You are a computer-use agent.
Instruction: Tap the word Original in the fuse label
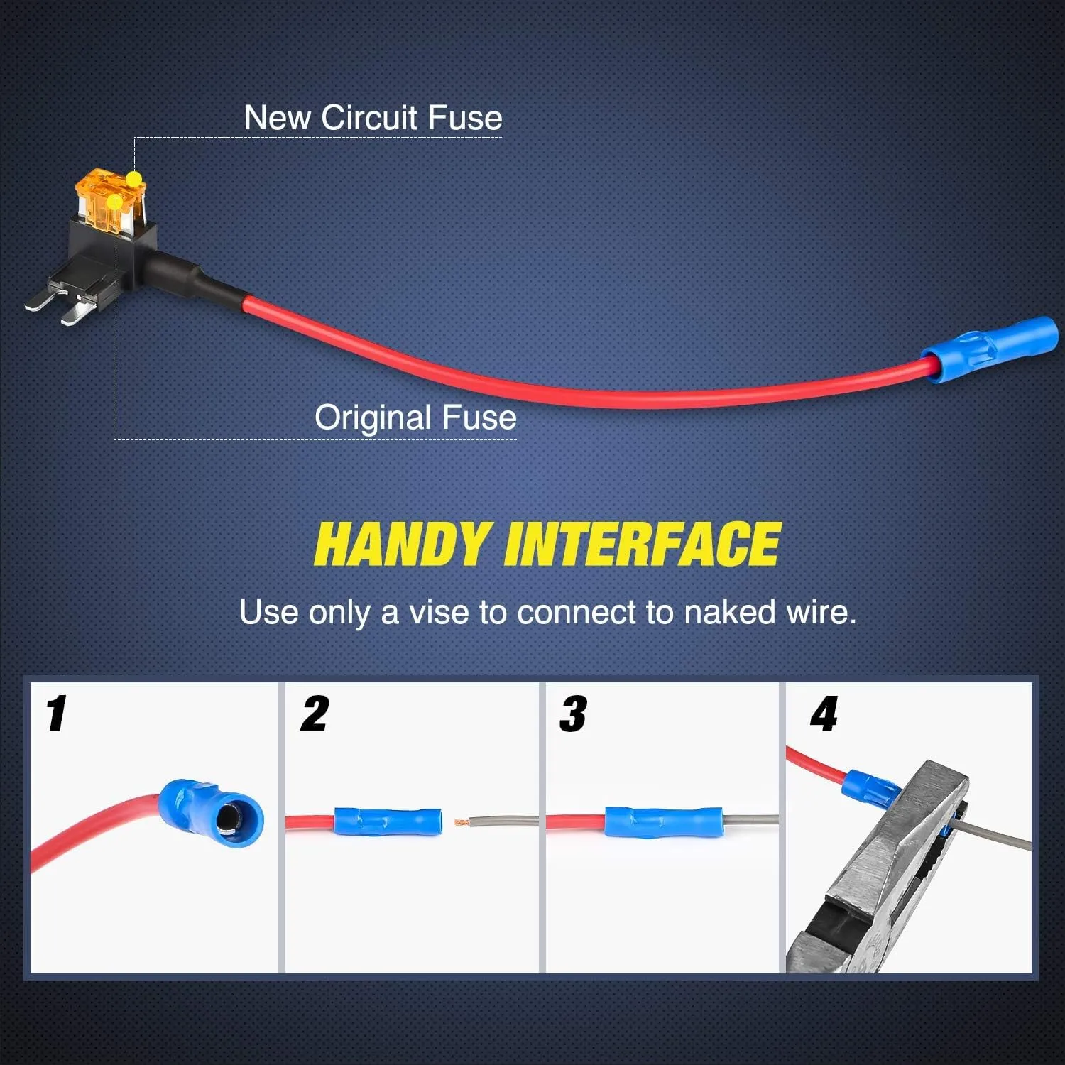[x=373, y=417]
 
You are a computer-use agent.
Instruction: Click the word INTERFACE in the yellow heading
[x=643, y=544]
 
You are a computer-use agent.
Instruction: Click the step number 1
[x=56, y=714]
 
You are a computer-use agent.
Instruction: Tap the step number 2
[x=315, y=714]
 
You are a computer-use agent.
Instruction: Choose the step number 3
[x=573, y=714]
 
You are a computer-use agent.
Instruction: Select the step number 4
[x=824, y=714]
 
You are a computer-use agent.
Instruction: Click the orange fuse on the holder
[x=110, y=199]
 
